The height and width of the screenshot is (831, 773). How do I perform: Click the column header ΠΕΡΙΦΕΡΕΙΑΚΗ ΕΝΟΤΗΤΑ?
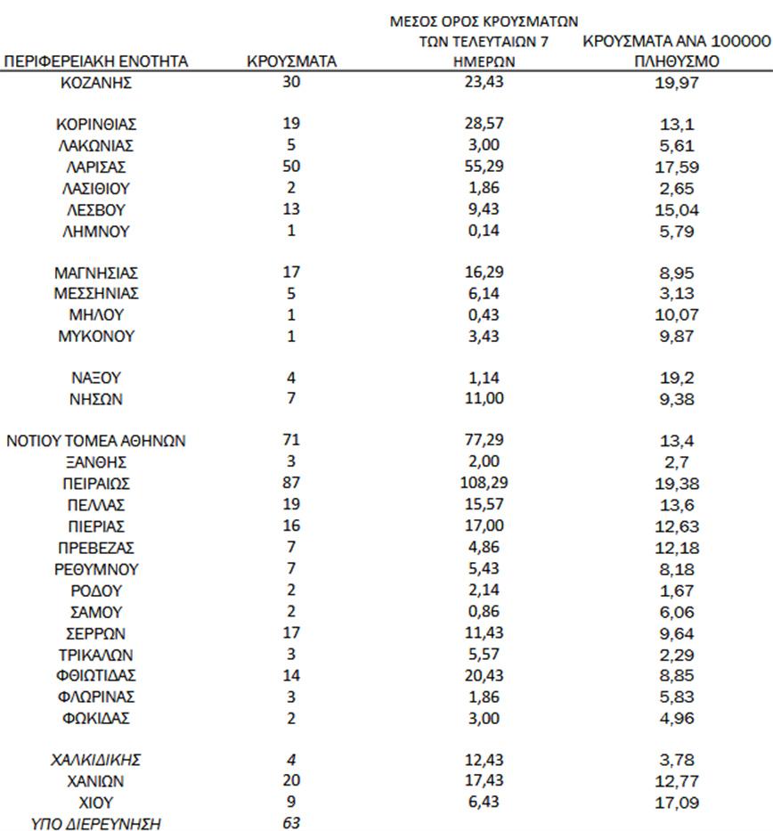click(96, 62)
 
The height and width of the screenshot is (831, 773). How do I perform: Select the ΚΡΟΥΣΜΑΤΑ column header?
click(290, 62)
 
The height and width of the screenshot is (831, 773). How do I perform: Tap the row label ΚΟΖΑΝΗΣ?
click(96, 84)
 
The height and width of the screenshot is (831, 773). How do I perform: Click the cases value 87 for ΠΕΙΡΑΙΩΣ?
click(290, 484)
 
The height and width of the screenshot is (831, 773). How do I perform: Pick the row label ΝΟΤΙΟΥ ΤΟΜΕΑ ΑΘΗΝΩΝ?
click(96, 440)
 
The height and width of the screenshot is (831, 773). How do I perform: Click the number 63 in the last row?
click(290, 822)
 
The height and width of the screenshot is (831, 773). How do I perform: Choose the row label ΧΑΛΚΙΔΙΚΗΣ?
click(96, 760)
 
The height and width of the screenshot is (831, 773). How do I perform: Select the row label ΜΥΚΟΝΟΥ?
click(96, 337)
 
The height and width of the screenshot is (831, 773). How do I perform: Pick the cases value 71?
click(290, 440)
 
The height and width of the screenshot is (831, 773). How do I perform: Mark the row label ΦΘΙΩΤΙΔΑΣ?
click(96, 675)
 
